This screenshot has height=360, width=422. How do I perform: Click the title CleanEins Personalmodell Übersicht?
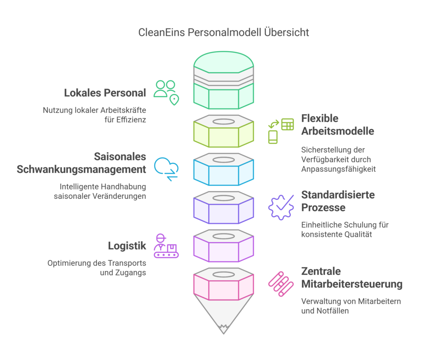(x=223, y=33)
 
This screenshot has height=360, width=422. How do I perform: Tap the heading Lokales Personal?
(x=105, y=93)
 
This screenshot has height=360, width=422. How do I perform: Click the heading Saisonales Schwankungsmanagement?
(x=81, y=163)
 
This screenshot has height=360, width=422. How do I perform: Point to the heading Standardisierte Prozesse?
(x=338, y=201)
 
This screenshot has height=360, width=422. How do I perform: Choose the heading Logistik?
(x=127, y=246)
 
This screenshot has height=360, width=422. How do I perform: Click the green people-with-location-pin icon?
(x=166, y=93)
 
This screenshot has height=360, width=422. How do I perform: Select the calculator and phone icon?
(x=281, y=131)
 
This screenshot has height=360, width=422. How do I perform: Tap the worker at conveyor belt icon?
(x=166, y=246)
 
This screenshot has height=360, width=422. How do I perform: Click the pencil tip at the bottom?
(x=223, y=323)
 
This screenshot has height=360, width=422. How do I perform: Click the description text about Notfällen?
(x=351, y=306)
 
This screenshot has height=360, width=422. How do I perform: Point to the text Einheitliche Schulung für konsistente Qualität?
(x=345, y=229)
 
